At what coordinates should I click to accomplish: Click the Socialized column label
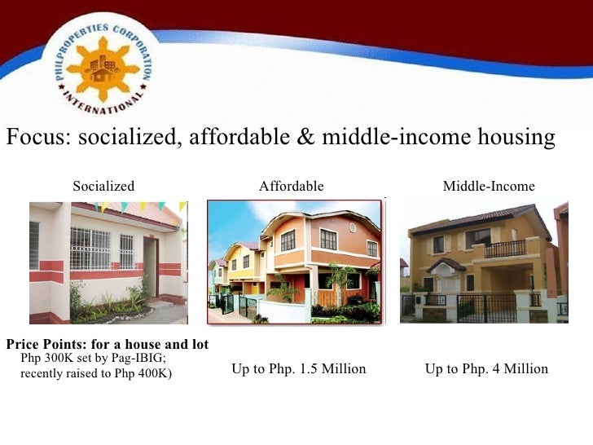point(103,187)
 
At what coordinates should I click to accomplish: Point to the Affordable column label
point(292,187)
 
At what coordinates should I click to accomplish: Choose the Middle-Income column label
point(489,187)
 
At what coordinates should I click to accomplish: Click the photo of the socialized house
point(108,262)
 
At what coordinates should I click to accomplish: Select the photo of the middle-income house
point(485,262)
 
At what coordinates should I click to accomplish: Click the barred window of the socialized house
point(90,248)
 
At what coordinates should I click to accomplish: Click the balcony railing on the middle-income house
point(505,249)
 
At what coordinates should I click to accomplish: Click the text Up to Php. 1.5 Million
point(299,369)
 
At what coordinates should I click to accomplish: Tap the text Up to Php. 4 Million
point(486,369)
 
